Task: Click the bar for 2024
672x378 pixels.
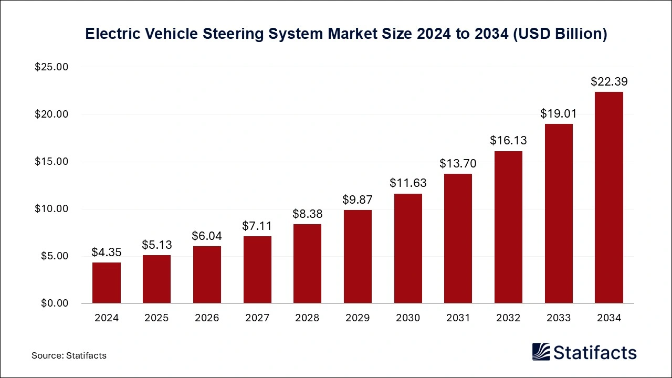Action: tap(107, 282)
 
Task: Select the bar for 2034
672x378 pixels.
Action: tap(609, 197)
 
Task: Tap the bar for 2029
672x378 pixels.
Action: tap(358, 256)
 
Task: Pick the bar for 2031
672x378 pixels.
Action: tap(458, 238)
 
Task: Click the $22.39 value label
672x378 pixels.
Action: tap(609, 81)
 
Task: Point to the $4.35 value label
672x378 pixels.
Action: tap(107, 252)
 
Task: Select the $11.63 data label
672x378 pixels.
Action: tap(408, 183)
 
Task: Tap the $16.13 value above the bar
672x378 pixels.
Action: tap(508, 140)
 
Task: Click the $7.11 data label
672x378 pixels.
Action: tap(257, 226)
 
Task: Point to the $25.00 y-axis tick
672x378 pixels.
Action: tap(51, 67)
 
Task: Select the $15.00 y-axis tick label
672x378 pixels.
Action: tap(51, 162)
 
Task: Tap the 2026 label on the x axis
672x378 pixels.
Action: tap(207, 318)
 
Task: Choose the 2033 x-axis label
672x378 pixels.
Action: tap(559, 318)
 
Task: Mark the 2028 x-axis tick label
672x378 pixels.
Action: tap(307, 318)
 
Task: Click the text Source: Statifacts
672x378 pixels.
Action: tap(69, 355)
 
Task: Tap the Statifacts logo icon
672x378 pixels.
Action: tap(541, 352)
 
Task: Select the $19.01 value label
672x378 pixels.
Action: tap(559, 113)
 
